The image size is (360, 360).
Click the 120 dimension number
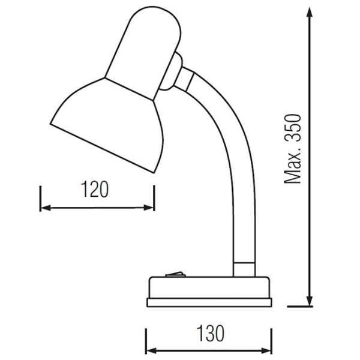coord(95,189)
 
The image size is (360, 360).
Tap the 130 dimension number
coord(211,333)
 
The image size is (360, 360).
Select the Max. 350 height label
coord(293,149)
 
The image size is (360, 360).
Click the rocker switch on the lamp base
coord(175,274)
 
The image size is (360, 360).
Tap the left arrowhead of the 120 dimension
coord(46,208)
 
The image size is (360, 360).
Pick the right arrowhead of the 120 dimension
coord(149,208)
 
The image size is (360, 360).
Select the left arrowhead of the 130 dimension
coord(152,351)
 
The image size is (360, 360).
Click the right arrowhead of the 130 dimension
coord(266,351)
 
